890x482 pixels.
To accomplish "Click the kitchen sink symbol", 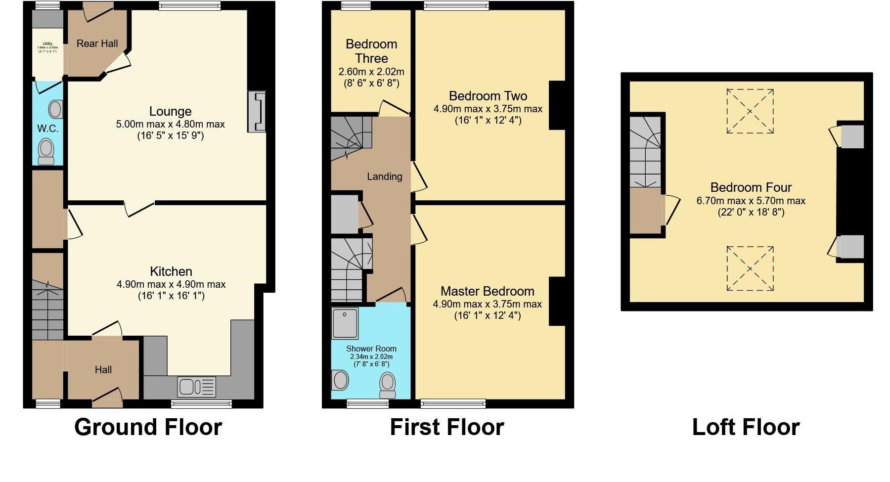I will pyautogui.click(x=196, y=387).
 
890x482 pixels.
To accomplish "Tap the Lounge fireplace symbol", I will pyautogui.click(x=257, y=112).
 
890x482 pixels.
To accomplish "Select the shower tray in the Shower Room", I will pyautogui.click(x=345, y=323).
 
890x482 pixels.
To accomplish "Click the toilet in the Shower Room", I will pyautogui.click(x=388, y=385).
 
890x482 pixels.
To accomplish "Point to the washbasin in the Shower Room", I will pyautogui.click(x=340, y=380).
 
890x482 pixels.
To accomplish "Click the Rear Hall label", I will pyautogui.click(x=97, y=44).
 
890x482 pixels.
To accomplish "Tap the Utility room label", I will pyautogui.click(x=47, y=44).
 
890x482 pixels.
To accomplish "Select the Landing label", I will pyautogui.click(x=384, y=176).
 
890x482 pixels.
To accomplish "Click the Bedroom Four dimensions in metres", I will pyautogui.click(x=751, y=201).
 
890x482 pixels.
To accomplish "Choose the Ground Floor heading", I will pyautogui.click(x=148, y=427).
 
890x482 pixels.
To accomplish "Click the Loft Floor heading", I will pyautogui.click(x=745, y=427).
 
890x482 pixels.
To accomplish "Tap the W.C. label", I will pyautogui.click(x=47, y=129).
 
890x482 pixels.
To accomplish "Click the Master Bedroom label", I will pyautogui.click(x=487, y=291).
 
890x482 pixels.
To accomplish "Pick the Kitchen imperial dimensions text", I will pyautogui.click(x=171, y=296).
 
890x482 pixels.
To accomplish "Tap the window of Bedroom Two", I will pyautogui.click(x=456, y=6).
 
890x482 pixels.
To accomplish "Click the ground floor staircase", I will pyautogui.click(x=47, y=311).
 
